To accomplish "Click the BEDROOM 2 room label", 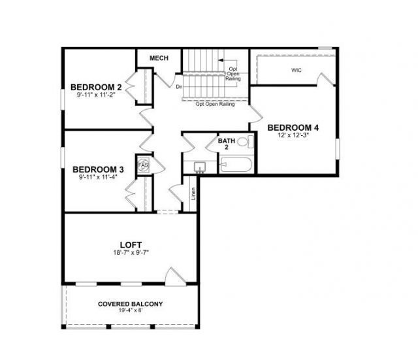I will tap(96, 87).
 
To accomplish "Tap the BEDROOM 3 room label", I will tap(98, 168).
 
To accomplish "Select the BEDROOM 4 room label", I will tap(293, 127).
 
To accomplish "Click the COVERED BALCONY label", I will tap(131, 304).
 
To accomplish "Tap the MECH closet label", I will tap(159, 58).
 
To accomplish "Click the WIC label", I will tap(296, 69).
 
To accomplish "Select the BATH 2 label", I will tap(227, 143).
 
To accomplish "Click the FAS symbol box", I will tap(143, 165).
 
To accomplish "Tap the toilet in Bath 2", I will tap(243, 141).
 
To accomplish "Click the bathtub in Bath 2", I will tap(236, 165).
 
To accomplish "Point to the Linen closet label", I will tap(193, 194).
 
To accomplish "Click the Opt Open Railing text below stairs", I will tap(215, 103).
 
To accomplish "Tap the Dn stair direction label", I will tap(179, 86).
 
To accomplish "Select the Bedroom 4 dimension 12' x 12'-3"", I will tap(293, 135).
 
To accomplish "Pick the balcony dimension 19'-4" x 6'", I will tap(131, 312).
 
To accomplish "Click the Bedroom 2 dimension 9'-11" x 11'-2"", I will tap(96, 95).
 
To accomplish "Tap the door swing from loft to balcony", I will tap(174, 276).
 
